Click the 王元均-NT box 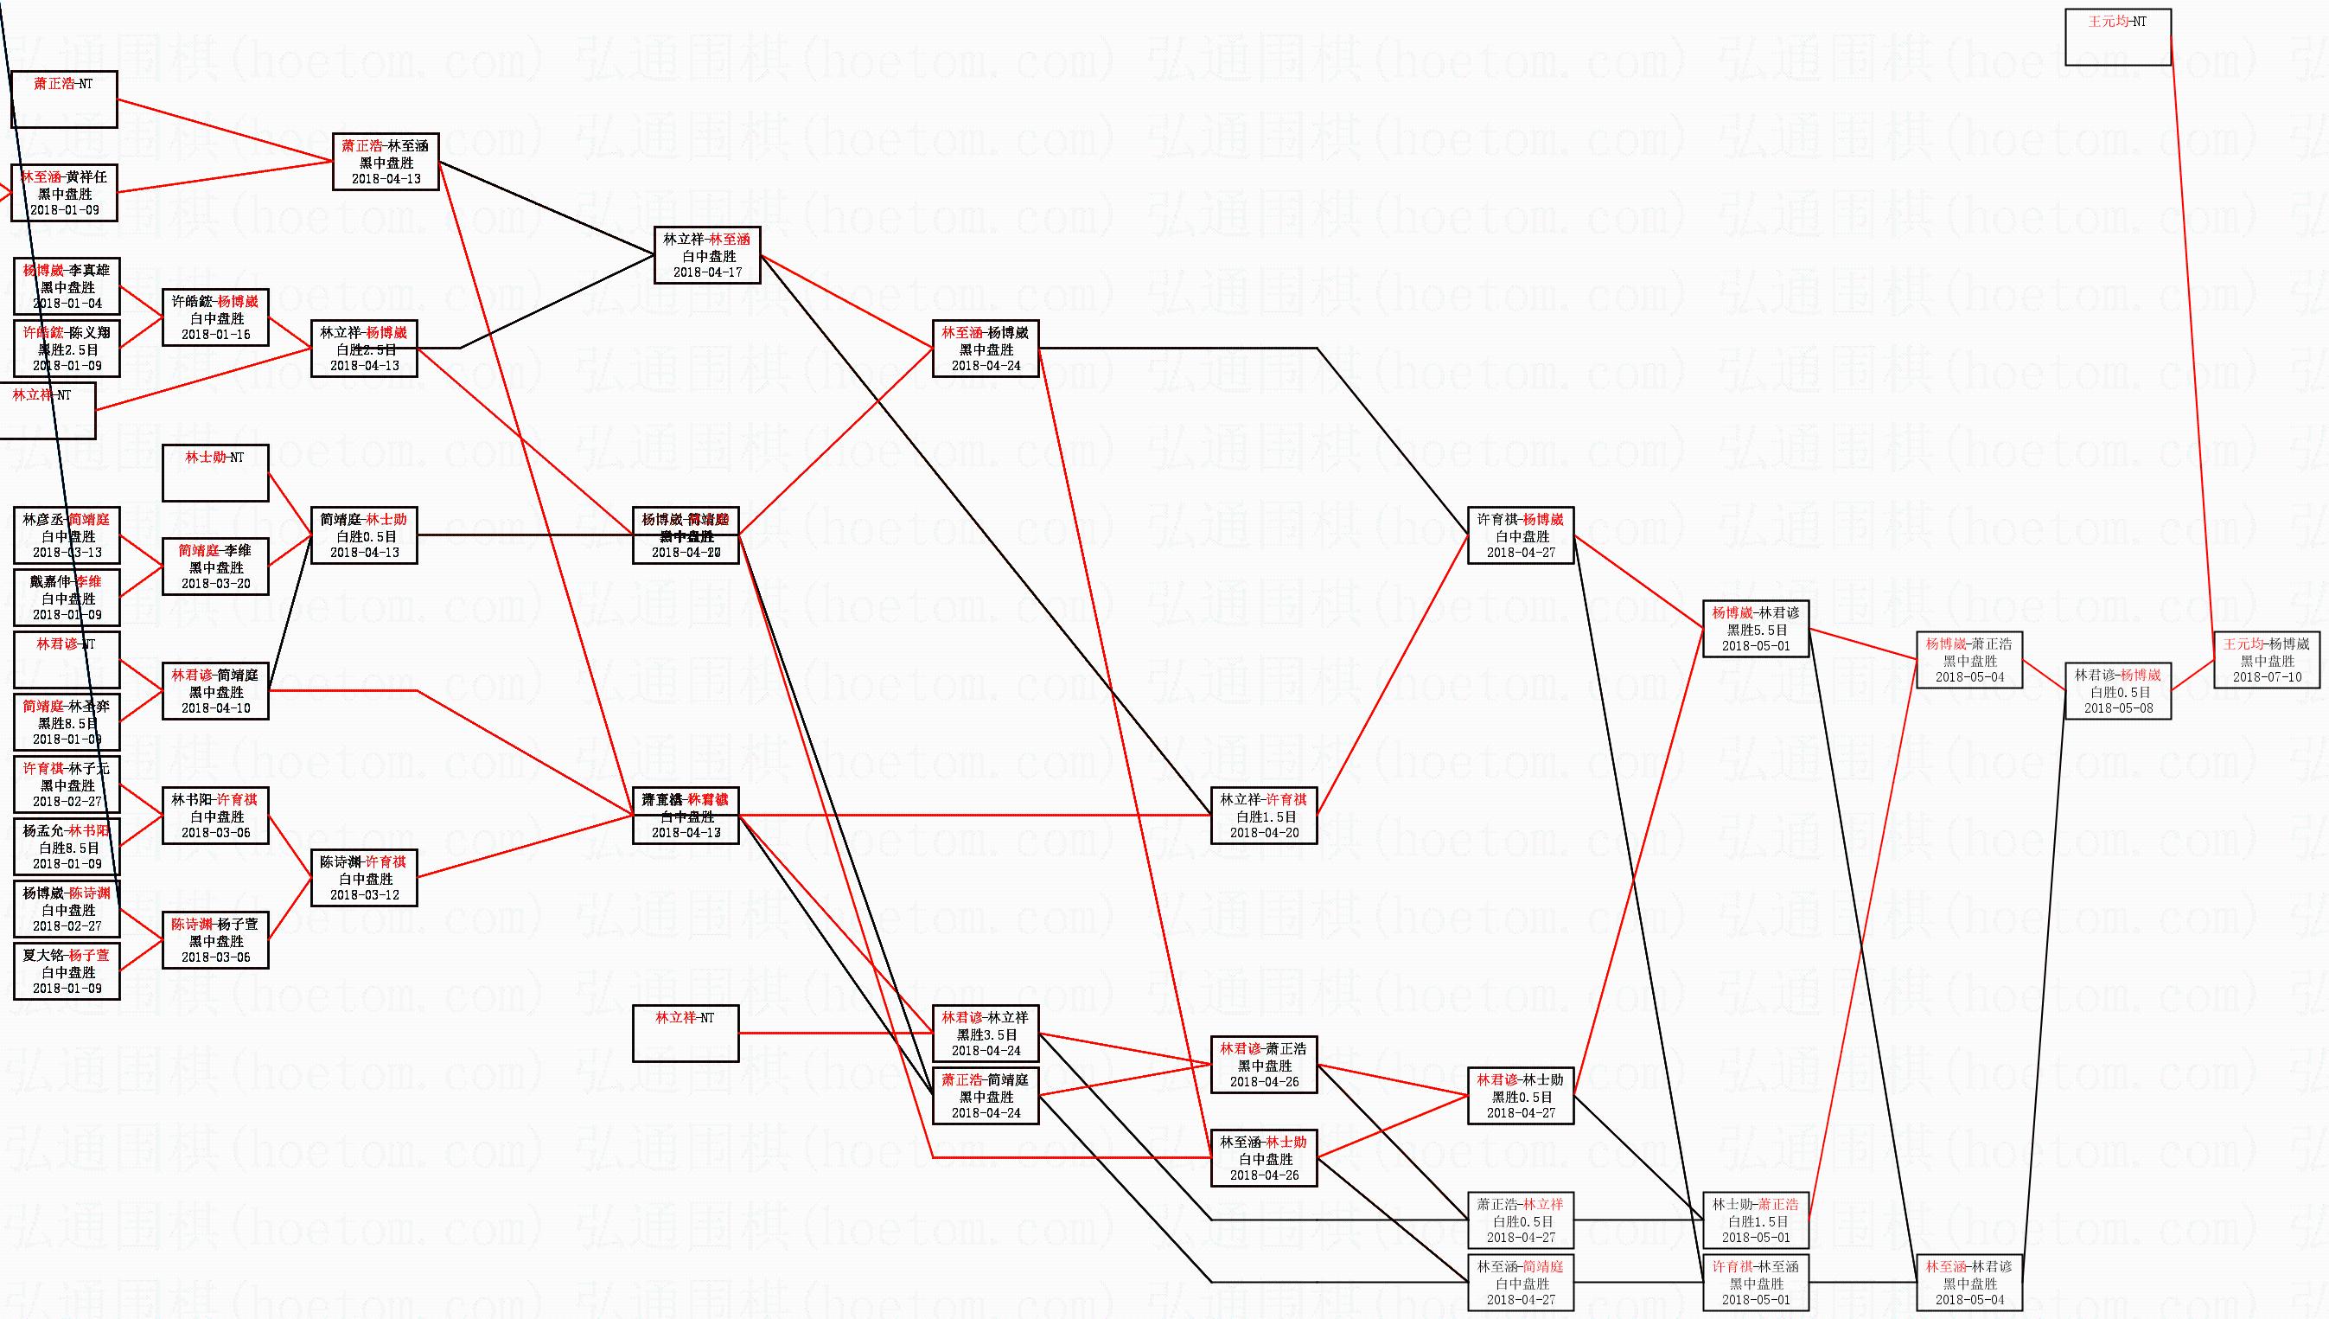(x=2117, y=37)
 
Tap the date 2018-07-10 (x=2267, y=677)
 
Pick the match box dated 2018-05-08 (x=2117, y=691)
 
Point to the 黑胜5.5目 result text (x=1756, y=630)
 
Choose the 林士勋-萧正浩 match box (x=1755, y=1220)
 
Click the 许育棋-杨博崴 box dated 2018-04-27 (x=1521, y=535)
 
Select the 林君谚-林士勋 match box (x=1521, y=1096)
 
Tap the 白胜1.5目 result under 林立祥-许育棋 (x=1264, y=816)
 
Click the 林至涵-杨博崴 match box (x=986, y=349)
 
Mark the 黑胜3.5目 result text (x=986, y=1034)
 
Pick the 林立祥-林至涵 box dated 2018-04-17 (x=707, y=255)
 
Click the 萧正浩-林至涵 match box (x=386, y=162)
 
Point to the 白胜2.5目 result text (x=365, y=349)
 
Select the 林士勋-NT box (x=215, y=473)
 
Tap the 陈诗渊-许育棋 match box (x=364, y=878)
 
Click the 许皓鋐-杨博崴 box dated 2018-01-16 (x=215, y=317)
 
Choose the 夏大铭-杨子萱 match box (x=67, y=971)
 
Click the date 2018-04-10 (x=215, y=708)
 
